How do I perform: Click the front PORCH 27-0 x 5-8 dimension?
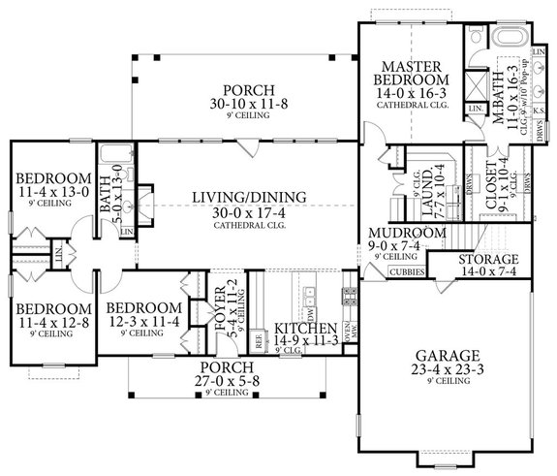click(x=225, y=381)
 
